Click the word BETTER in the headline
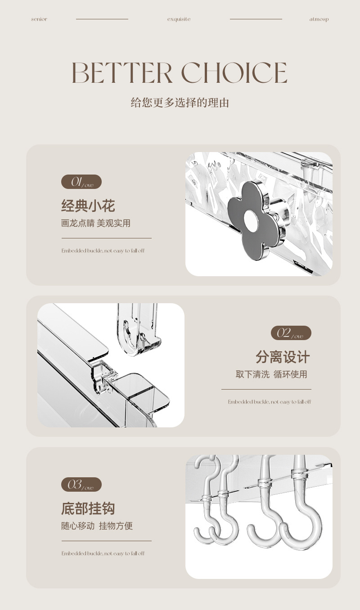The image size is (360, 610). click(x=121, y=72)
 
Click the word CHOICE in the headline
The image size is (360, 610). click(x=234, y=72)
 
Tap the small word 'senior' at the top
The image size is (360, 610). click(x=39, y=19)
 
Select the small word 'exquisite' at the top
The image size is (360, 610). click(x=179, y=19)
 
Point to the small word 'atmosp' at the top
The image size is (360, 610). click(x=319, y=19)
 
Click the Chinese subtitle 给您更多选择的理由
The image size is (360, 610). click(x=180, y=103)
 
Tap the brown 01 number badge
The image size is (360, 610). click(x=81, y=182)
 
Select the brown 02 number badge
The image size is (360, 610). click(x=291, y=333)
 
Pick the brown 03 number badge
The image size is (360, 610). click(x=81, y=484)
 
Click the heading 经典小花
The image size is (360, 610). click(x=88, y=206)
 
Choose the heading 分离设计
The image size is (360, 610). click(x=283, y=357)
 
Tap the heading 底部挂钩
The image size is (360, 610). click(x=88, y=508)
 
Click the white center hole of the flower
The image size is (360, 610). click(x=251, y=221)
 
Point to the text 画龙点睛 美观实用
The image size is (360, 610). click(x=95, y=223)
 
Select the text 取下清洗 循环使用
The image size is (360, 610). click(x=271, y=374)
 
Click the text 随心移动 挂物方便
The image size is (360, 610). click(x=97, y=526)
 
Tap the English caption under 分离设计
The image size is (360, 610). click(x=269, y=402)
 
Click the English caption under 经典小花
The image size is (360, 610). click(x=103, y=251)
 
